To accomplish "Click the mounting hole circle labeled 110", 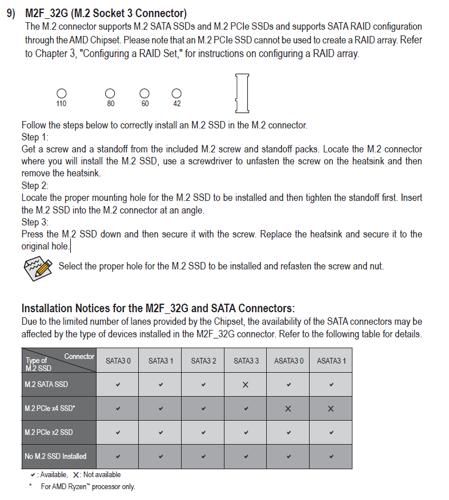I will [x=61, y=93].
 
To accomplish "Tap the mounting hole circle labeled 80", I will [x=110, y=93].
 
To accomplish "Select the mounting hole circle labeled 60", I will [x=145, y=93].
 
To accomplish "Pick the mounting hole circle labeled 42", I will [x=177, y=93].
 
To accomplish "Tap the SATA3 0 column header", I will [x=118, y=361].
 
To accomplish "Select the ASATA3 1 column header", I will [x=331, y=361].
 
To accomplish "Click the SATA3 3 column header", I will [x=246, y=361].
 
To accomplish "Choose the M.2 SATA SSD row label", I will [x=46, y=384].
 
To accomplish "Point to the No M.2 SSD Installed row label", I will [x=55, y=456].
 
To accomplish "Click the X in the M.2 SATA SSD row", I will [x=246, y=385].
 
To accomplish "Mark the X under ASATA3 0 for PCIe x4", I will [x=288, y=409].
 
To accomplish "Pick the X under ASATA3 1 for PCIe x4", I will [x=331, y=409].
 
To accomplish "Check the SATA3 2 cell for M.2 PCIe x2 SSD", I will [x=203, y=432].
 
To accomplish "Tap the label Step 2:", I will [x=35, y=186].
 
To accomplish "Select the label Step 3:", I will [x=35, y=222].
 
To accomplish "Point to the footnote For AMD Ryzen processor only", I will [x=88, y=487].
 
